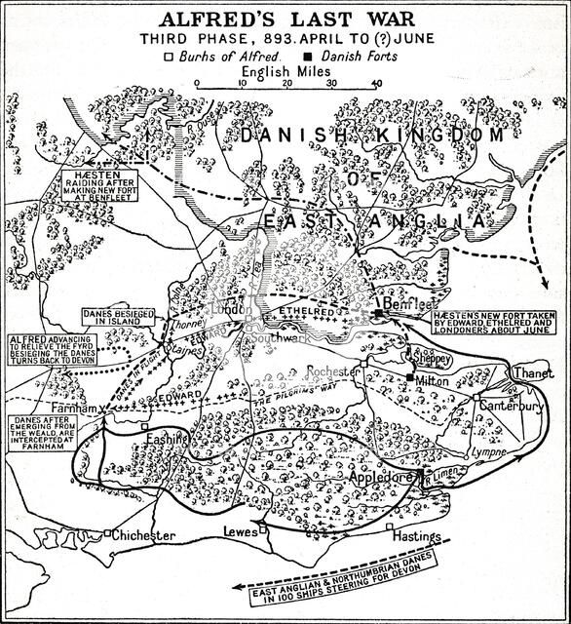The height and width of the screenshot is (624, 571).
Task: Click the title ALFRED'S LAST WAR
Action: [x=287, y=18]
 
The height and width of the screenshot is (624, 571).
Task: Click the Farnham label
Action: [x=71, y=409]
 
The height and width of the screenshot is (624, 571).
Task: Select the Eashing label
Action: [x=165, y=440]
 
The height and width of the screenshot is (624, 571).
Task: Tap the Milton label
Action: [x=432, y=380]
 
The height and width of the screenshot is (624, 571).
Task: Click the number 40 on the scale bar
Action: [x=376, y=83]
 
